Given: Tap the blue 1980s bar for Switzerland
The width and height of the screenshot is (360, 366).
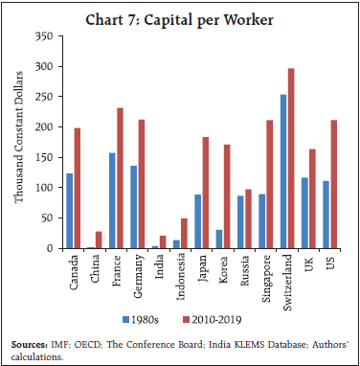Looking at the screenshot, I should point(281,172).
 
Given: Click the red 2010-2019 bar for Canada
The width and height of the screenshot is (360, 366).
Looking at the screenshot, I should point(76,188).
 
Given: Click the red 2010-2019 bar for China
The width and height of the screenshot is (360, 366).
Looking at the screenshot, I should point(100,240).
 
